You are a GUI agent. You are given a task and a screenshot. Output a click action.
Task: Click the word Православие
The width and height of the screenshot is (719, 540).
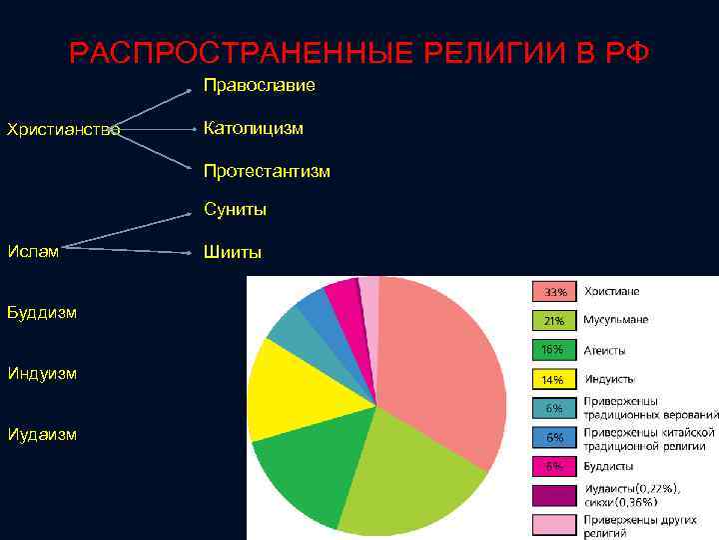point(259,86)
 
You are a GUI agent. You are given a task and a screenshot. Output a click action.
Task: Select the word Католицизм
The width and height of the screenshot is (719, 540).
point(254,128)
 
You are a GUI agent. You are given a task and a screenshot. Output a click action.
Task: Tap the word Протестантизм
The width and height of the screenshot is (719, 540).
point(267,171)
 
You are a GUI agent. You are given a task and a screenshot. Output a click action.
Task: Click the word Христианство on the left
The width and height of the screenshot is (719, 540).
point(63,129)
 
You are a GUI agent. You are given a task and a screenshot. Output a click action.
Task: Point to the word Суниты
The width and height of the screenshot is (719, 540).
point(235,210)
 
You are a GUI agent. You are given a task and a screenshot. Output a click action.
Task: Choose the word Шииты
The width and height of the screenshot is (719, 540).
point(233,252)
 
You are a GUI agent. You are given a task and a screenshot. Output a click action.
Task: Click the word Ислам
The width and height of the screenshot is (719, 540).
point(33,250)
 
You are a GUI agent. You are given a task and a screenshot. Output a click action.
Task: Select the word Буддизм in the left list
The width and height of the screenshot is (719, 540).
point(42,312)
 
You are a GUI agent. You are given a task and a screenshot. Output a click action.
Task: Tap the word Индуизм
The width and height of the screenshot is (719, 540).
point(43,374)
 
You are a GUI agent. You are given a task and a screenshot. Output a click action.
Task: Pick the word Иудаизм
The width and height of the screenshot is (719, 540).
point(42,435)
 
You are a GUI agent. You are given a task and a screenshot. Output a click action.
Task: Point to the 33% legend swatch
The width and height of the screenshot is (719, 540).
point(554,292)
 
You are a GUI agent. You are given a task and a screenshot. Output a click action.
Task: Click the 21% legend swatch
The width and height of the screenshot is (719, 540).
point(554,321)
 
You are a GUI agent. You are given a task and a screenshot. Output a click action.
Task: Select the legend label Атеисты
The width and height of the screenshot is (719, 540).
point(605,349)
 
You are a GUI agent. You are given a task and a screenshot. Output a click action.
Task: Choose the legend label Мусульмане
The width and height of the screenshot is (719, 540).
point(615,320)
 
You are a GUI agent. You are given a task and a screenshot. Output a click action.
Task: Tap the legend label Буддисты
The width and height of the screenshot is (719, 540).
point(611,466)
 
